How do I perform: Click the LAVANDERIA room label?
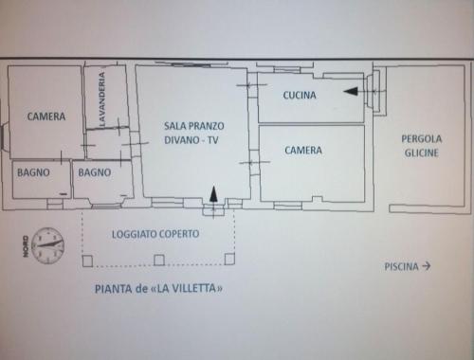[102, 99]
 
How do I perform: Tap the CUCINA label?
[300, 95]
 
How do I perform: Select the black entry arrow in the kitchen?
[351, 91]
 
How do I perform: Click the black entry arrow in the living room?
[214, 193]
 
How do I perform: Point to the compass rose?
[47, 245]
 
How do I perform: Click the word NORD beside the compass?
[26, 246]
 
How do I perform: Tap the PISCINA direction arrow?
[427, 266]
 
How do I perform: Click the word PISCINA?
[401, 267]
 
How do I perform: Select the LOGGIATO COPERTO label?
[155, 234]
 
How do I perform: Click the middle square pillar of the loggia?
[159, 261]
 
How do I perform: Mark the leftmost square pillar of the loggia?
[87, 261]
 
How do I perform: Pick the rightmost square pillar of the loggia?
[229, 259]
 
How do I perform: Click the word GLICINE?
[422, 153]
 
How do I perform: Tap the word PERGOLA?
[422, 139]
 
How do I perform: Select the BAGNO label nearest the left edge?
[33, 172]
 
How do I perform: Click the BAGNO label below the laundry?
[95, 172]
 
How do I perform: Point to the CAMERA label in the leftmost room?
[46, 117]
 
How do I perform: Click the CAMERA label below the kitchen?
[303, 150]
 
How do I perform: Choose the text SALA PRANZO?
[194, 126]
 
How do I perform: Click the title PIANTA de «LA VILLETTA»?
[158, 289]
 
